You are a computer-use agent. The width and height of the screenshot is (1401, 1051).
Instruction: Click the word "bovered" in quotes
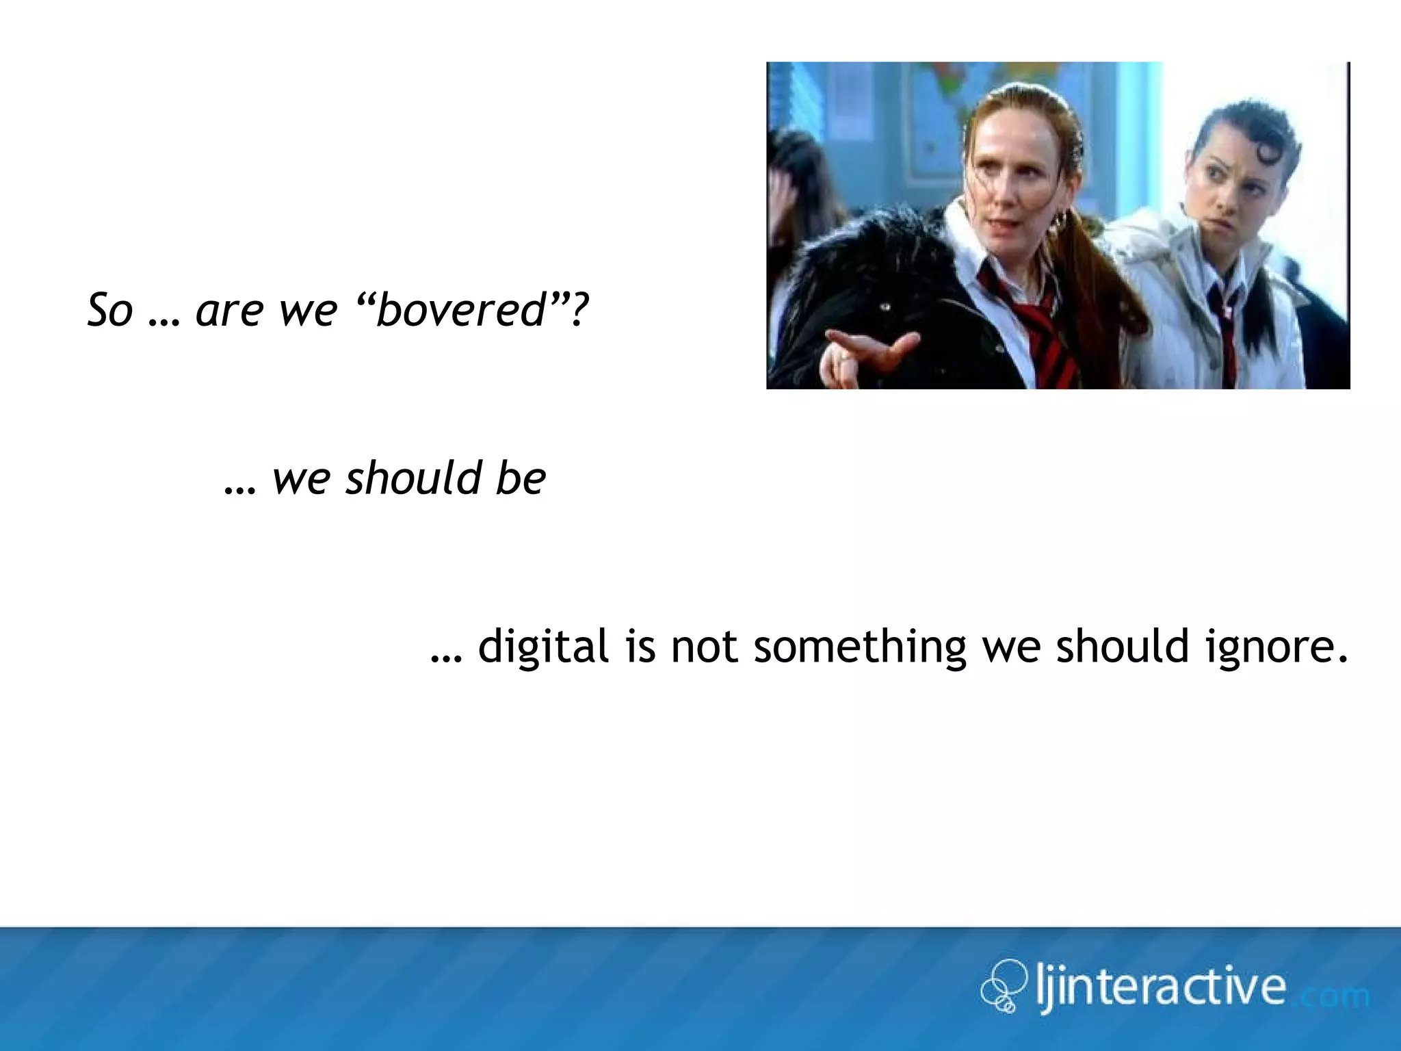[461, 309]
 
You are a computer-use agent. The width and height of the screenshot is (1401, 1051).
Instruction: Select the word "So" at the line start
[109, 309]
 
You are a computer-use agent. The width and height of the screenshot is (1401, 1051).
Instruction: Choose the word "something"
[860, 647]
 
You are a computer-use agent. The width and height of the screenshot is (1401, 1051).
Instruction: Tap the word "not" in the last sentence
[704, 647]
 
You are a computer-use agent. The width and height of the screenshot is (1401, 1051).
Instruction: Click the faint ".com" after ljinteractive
[1334, 995]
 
